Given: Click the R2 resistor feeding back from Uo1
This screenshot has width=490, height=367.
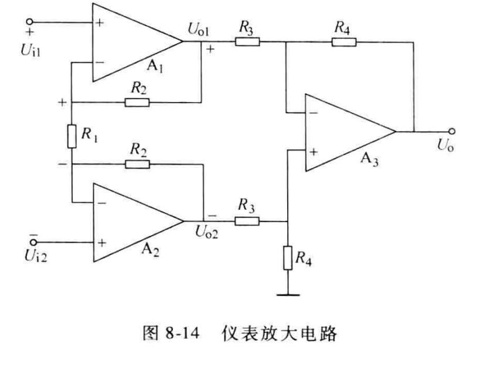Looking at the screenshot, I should coord(137,102).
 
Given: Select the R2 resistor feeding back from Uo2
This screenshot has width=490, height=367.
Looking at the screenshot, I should coord(137,164).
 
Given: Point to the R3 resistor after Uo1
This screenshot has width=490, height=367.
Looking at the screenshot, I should coord(247,42).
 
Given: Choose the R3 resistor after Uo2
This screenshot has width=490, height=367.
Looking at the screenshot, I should coord(247,222).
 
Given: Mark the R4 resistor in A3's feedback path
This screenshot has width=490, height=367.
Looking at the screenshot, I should coord(342,42).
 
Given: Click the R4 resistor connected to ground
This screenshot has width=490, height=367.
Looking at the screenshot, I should coord(288,258).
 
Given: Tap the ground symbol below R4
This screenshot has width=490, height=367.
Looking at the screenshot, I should coord(288,295).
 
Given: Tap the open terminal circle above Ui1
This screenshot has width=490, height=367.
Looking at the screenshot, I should coord(28,22).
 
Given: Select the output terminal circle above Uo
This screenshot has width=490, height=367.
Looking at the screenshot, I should coord(451,131).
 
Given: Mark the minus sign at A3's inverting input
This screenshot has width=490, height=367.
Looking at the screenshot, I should coord(314,113).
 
